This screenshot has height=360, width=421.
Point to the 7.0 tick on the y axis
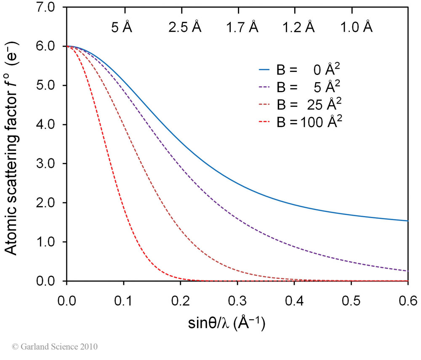tap(52, 7)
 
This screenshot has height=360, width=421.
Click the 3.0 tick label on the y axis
tap(52, 164)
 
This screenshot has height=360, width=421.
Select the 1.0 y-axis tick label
tap(52, 242)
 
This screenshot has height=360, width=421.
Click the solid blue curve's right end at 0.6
tap(408, 221)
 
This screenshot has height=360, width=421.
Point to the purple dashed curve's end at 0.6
tap(408, 271)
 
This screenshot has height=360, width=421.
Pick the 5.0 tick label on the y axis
tap(52, 85)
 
